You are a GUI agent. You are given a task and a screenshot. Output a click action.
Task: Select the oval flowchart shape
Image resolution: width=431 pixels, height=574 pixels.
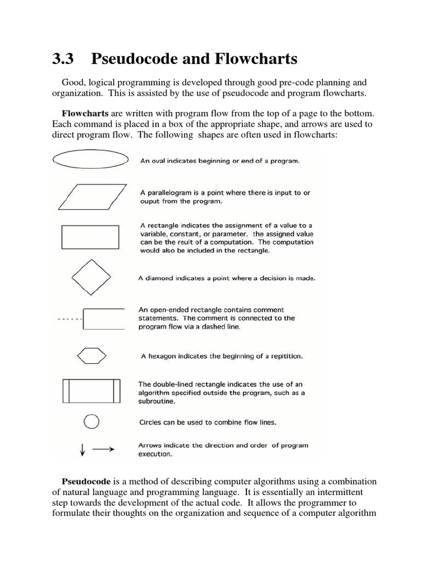coord(90,160)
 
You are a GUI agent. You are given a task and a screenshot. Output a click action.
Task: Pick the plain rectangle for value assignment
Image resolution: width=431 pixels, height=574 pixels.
coord(90,237)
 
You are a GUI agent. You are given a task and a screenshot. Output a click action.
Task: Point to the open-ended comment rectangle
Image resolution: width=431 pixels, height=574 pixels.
coord(103,318)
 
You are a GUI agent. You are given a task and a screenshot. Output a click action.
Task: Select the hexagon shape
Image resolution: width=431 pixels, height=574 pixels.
coord(90,355)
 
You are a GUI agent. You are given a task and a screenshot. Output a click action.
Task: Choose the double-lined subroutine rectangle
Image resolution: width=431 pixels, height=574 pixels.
coord(90,391)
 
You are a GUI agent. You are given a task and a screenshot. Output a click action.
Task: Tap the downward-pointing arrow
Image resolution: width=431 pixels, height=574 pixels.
coord(82,450)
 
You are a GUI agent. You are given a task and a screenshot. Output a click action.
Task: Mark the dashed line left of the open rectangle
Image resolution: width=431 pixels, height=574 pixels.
coord(70,319)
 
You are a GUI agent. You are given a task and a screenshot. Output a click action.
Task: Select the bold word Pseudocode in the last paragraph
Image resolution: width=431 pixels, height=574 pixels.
coord(86,482)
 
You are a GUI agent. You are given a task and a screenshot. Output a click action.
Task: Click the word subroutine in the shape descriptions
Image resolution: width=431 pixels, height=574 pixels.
coord(158,402)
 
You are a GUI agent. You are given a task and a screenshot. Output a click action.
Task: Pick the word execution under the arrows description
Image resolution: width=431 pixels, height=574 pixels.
coord(154,454)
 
